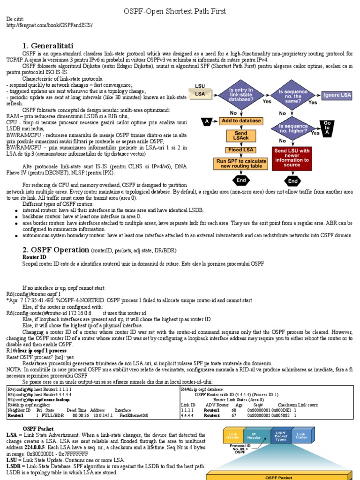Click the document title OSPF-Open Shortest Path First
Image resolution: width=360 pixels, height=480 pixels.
pos(181,11)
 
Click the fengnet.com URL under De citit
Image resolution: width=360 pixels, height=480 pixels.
pos(49,25)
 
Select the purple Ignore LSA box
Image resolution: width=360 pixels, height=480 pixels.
pos(337,95)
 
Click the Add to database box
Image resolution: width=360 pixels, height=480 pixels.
pos(241,121)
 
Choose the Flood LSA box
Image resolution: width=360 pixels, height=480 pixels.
pos(241,150)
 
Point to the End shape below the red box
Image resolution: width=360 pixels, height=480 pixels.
pos(293,180)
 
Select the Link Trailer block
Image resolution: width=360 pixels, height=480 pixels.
pos(300,437)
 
